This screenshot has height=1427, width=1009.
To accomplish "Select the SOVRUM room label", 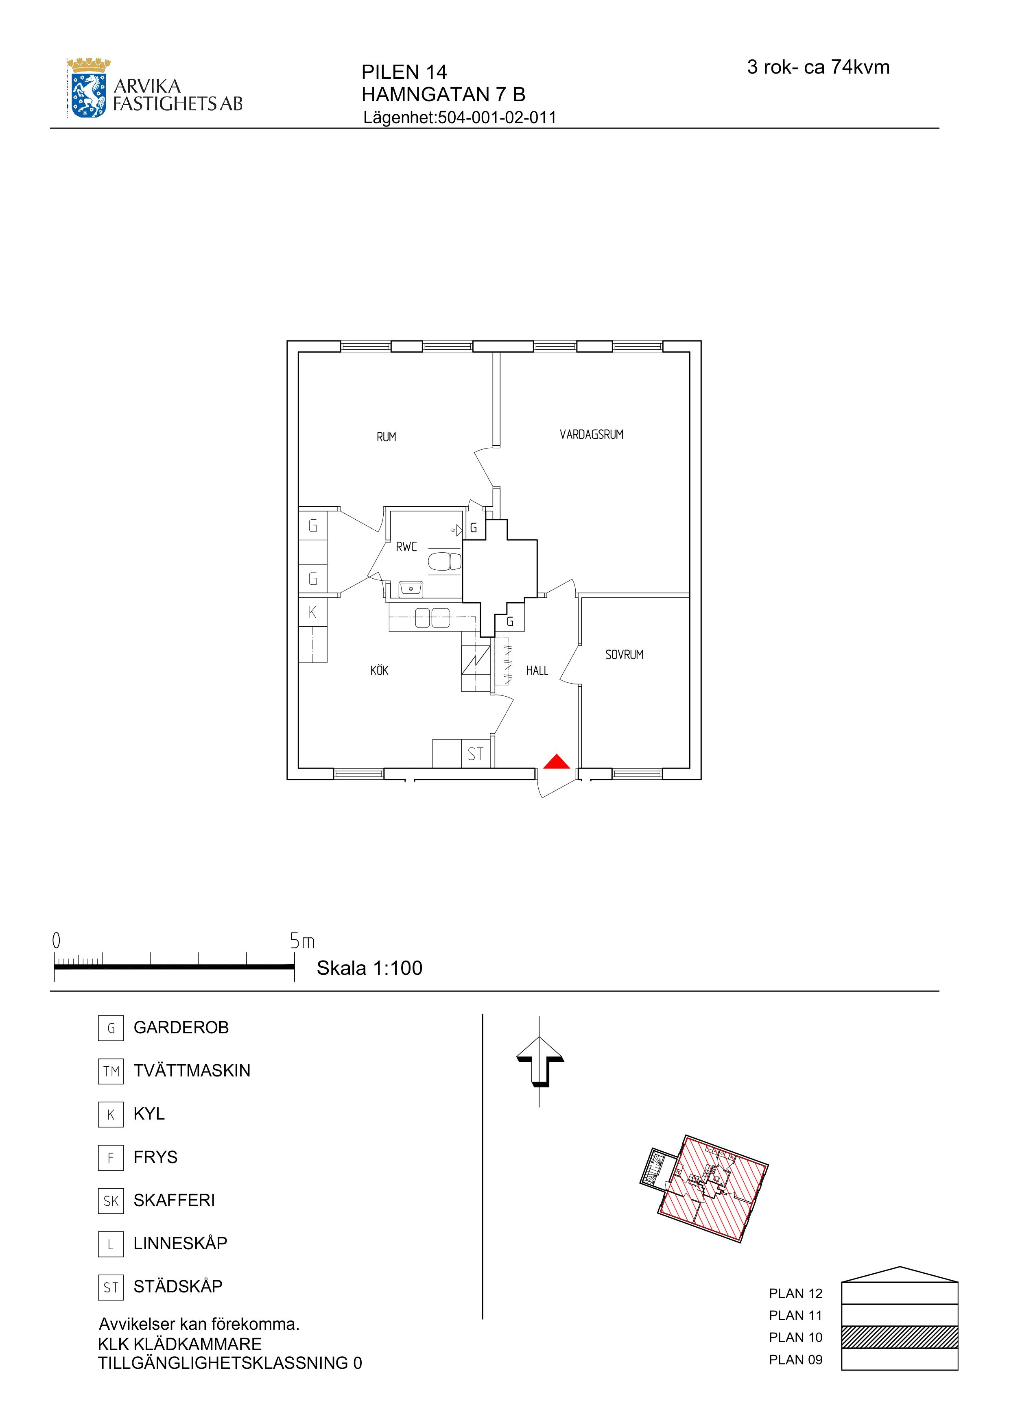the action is coord(624,654).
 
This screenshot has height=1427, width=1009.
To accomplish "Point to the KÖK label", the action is coord(379,670).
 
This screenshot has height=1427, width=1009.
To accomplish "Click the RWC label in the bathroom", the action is coord(406,547).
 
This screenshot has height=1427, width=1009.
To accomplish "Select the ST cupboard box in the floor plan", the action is coord(476,754).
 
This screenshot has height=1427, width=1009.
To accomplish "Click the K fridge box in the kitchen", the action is coord(313,612).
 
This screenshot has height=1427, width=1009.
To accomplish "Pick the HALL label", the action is coord(537,671).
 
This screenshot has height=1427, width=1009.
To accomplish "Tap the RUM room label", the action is coord(386,437).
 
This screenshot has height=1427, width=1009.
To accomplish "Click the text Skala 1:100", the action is coord(369,968).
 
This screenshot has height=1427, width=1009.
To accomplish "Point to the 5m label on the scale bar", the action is coord(302,941).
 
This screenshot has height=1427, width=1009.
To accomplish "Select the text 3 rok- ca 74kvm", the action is coord(818,67).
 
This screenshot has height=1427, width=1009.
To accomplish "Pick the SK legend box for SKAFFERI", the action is coord(111,1201).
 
